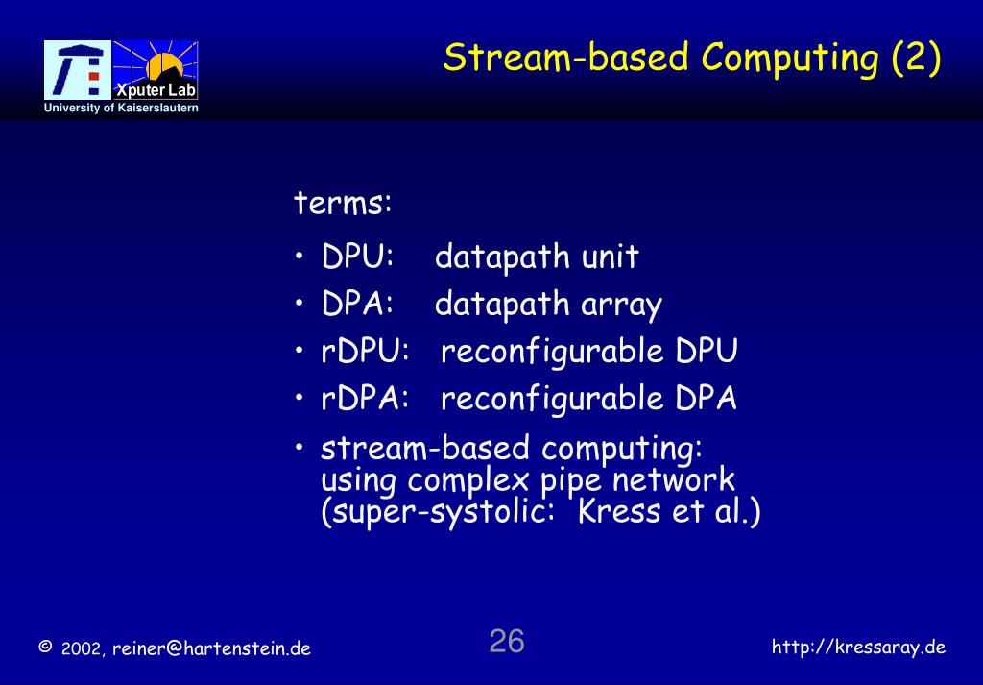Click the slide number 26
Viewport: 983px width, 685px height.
[507, 641]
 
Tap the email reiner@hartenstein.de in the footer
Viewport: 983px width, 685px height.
[211, 648]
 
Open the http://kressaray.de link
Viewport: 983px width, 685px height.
[858, 647]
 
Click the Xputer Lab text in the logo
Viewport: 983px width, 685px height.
[156, 91]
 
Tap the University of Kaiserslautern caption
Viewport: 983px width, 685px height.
[121, 109]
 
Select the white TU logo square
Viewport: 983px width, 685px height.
[78, 70]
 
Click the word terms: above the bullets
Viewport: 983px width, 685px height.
[343, 204]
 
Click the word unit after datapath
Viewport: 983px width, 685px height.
[609, 257]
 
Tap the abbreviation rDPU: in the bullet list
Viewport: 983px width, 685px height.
[366, 352]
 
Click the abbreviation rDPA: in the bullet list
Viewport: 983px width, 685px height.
[366, 399]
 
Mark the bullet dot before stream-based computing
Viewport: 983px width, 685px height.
[301, 448]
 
